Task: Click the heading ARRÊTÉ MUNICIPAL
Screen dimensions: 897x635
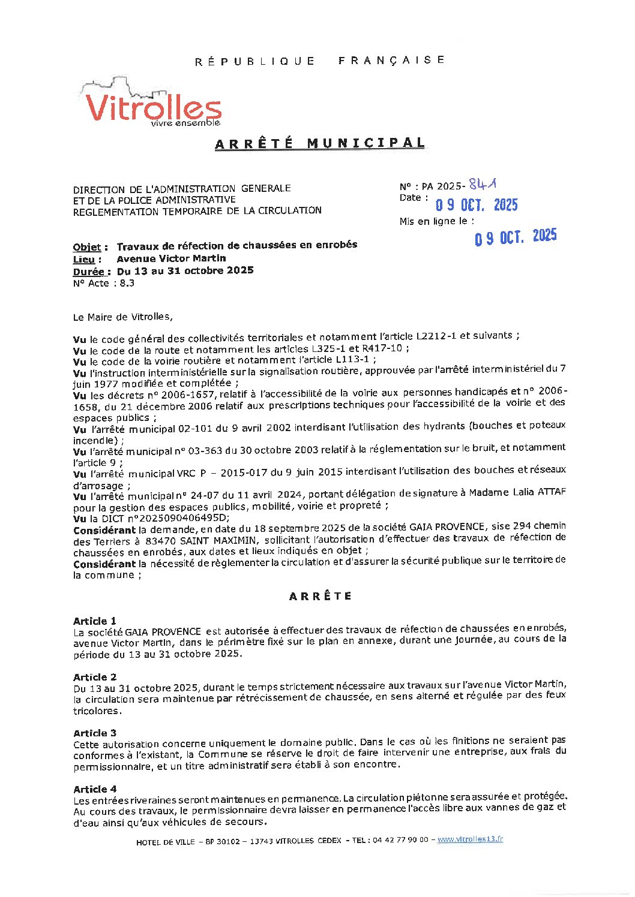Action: pos(320,143)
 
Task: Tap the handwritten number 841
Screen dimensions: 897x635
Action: pos(484,184)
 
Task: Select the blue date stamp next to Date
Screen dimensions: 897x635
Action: pos(477,205)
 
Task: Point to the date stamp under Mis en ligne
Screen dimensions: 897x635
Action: pos(516,237)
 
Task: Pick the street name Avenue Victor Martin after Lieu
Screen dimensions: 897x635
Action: pos(171,258)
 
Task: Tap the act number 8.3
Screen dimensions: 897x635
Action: pos(127,283)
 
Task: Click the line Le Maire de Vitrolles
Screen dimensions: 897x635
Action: pos(122,317)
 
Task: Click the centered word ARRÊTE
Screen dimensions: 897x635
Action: pos(320,596)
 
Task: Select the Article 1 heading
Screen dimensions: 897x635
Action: pos(95,621)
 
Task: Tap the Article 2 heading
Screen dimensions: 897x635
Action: pos(95,677)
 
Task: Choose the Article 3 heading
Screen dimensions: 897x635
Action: pos(95,733)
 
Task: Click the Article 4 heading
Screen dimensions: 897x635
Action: pos(95,789)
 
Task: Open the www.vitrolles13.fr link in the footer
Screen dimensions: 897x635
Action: pos(470,839)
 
